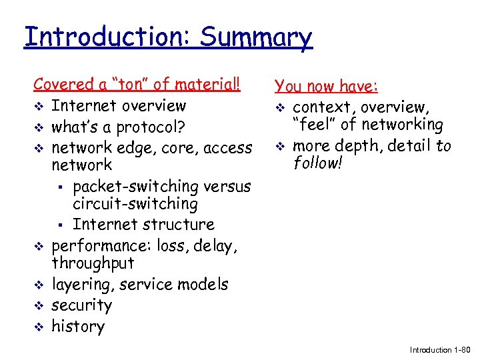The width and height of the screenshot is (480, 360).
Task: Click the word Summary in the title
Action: [x=255, y=37]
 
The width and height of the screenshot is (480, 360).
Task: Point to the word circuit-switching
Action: [x=135, y=204]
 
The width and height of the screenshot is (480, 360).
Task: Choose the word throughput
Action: [x=93, y=263]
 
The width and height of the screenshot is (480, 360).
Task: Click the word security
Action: [x=81, y=305]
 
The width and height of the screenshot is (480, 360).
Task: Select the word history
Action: [x=78, y=327]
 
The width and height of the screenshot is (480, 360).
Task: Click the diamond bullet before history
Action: [x=39, y=327]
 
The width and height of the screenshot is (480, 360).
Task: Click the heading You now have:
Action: [x=327, y=87]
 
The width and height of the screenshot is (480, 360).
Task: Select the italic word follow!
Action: [x=317, y=163]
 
